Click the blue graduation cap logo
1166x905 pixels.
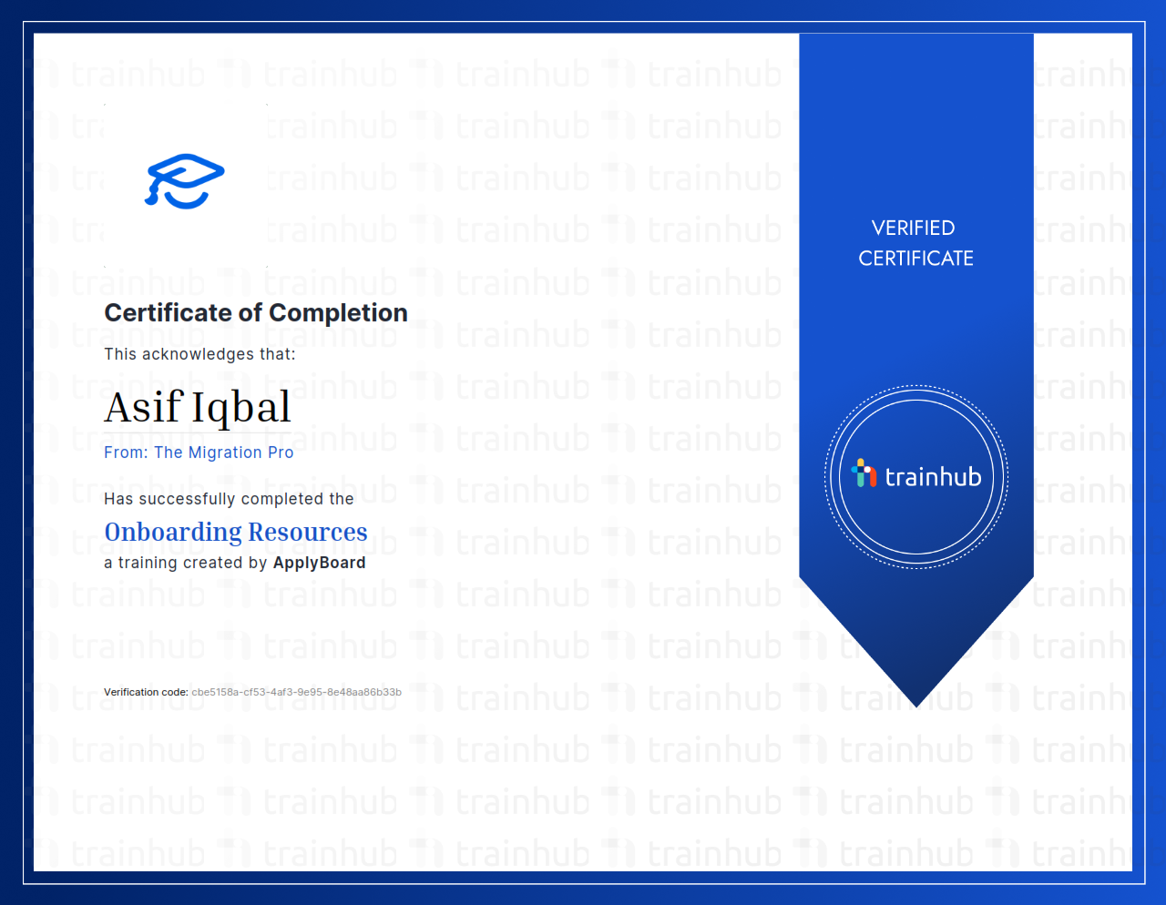[185, 180]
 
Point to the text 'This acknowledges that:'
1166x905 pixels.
[199, 354]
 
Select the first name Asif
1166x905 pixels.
[143, 407]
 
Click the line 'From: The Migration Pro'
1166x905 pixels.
[199, 452]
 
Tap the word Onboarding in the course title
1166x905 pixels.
[172, 532]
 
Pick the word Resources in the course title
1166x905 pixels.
[308, 532]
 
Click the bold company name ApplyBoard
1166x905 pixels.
[319, 563]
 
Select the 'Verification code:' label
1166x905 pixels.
[146, 692]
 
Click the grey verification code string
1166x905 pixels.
[296, 692]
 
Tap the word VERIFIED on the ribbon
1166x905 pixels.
[913, 228]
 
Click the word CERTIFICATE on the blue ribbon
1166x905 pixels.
[915, 259]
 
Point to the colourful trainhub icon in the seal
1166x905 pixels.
[864, 473]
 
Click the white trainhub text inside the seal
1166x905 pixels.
[933, 477]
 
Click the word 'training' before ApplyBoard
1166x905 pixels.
[148, 563]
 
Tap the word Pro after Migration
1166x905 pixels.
[281, 452]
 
